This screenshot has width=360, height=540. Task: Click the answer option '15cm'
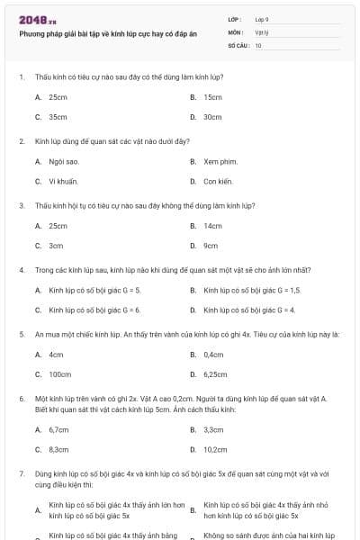pyautogui.click(x=212, y=97)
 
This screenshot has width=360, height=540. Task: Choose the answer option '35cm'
pyautogui.click(x=58, y=117)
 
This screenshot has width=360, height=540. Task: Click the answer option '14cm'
pyautogui.click(x=212, y=226)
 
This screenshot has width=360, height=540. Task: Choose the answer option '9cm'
pyautogui.click(x=211, y=246)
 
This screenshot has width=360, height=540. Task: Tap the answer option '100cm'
pyautogui.click(x=59, y=374)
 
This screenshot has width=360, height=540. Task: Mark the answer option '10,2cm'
pyautogui.click(x=215, y=449)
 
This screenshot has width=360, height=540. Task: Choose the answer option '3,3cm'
pyautogui.click(x=213, y=430)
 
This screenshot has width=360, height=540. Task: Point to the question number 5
pyautogui.click(x=21, y=335)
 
